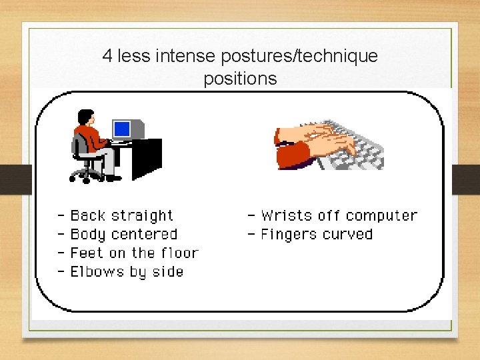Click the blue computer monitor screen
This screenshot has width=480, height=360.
(121, 128)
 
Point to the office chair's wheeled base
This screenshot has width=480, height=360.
(86, 174)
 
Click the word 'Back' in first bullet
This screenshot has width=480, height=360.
(88, 215)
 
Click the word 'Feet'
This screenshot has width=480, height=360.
(87, 253)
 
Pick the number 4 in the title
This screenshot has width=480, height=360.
(107, 56)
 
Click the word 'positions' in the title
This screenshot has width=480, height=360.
(240, 79)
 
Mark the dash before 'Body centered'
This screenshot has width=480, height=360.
(61, 235)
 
